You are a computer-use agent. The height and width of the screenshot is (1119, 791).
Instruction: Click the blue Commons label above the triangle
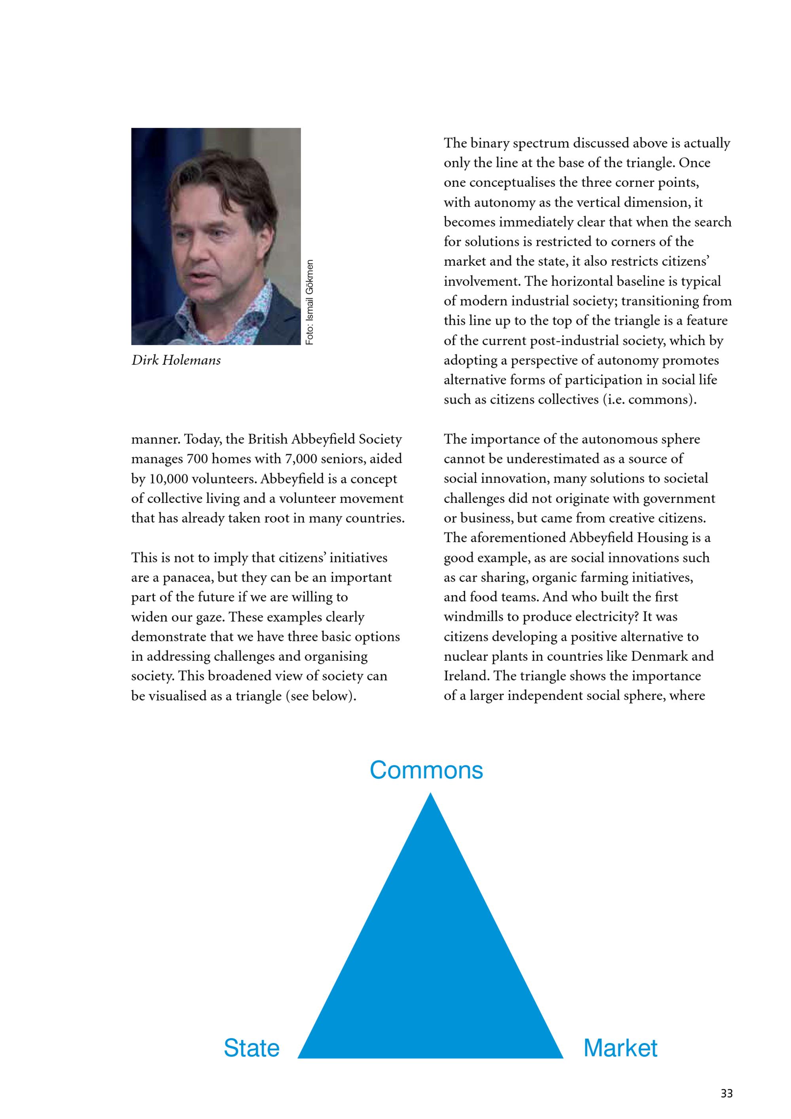pyautogui.click(x=426, y=770)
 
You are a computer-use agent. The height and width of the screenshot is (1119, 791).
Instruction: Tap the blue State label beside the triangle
pyautogui.click(x=251, y=1048)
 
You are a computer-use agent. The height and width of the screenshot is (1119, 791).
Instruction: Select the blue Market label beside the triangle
pyautogui.click(x=620, y=1048)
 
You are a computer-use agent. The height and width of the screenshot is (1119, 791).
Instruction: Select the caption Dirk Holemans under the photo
pyautogui.click(x=176, y=360)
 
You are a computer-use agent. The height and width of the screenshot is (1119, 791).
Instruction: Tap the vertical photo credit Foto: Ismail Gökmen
pyautogui.click(x=310, y=302)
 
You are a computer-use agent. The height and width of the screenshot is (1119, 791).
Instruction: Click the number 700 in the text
pyautogui.click(x=197, y=459)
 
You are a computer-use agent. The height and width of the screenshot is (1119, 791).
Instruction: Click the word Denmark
pyautogui.click(x=664, y=656)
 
